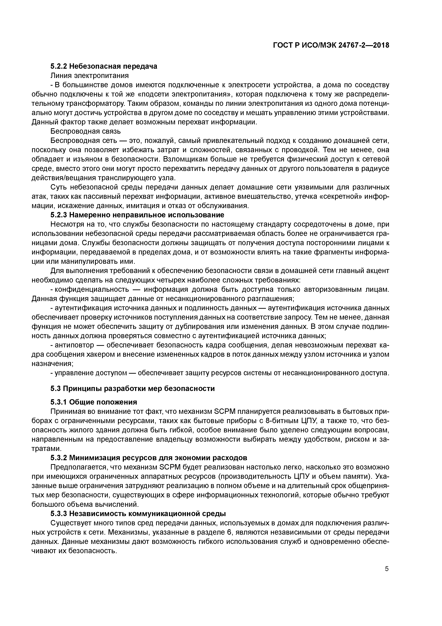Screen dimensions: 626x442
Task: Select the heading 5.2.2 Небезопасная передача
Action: pyautogui.click(x=104, y=66)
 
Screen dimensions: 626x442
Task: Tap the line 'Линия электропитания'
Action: pyautogui.click(x=90, y=75)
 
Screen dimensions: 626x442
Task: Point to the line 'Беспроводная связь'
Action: pyautogui.click(x=86, y=131)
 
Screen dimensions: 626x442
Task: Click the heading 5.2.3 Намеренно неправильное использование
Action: pyautogui.click(x=137, y=215)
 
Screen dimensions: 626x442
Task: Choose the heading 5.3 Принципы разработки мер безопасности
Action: pyautogui.click(x=133, y=388)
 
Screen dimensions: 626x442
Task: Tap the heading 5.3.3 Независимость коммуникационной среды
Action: pyautogui.click(x=138, y=513)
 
